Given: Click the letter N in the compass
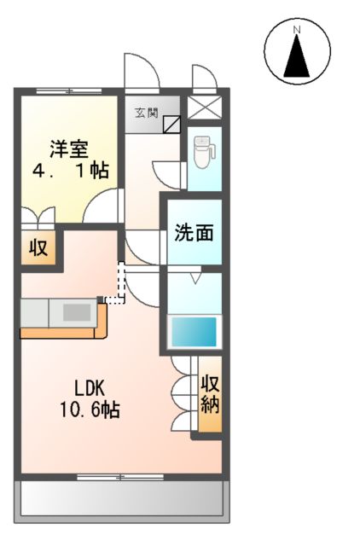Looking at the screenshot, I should pyautogui.click(x=298, y=32).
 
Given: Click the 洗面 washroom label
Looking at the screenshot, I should pyautogui.click(x=194, y=233).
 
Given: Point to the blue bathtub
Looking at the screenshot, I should pyautogui.click(x=195, y=331).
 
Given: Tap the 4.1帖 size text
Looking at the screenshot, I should pyautogui.click(x=69, y=171).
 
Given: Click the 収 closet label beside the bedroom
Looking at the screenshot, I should pyautogui.click(x=38, y=249).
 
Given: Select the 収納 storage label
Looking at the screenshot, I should pyautogui.click(x=210, y=393).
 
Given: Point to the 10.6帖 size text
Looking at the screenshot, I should pyautogui.click(x=89, y=410).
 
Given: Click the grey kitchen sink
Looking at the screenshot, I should pyautogui.click(x=78, y=312).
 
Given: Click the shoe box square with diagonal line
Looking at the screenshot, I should pyautogui.click(x=171, y=125).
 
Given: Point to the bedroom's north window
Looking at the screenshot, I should pyautogui.click(x=69, y=90).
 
